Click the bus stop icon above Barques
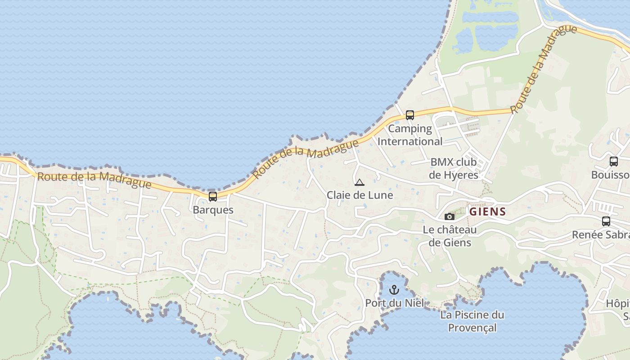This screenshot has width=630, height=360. click(213, 197)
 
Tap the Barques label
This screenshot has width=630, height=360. click(213, 210)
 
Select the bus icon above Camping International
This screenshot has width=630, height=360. click(409, 115)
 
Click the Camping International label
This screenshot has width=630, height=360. click(409, 135)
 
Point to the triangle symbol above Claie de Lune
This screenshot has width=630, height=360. click(359, 183)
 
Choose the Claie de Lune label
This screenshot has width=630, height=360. click(360, 195)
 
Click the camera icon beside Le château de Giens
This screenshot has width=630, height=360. click(449, 217)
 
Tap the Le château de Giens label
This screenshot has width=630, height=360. click(450, 236)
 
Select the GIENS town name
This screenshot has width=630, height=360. click(487, 211)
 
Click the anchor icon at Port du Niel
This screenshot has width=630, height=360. click(394, 290)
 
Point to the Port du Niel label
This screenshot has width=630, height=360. click(394, 303)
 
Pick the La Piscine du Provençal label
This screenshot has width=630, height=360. click(472, 321)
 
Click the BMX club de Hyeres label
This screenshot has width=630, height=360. click(454, 168)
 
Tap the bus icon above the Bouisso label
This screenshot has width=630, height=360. click(613, 162)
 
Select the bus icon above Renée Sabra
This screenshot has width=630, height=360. click(606, 221)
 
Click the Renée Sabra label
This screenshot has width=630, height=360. click(601, 234)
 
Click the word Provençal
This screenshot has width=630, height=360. click(472, 328)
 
